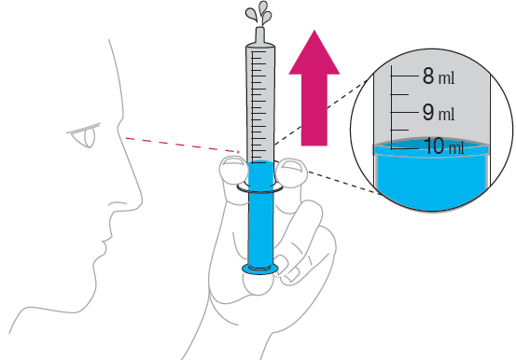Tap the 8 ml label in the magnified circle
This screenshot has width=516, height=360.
[x=439, y=76]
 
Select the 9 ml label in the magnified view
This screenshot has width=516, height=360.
[x=439, y=113]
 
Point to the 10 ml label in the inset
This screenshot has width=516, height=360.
[x=444, y=146]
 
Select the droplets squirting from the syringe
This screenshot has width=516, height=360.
[x=258, y=12]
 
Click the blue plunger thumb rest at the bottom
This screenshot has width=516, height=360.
[x=260, y=269]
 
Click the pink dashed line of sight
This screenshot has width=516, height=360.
[x=183, y=145]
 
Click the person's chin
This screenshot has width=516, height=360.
[x=95, y=273]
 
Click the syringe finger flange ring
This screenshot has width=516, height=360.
[x=260, y=188]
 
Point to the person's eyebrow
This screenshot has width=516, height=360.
[x=83, y=128]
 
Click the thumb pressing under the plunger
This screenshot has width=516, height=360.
[x=258, y=284]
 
